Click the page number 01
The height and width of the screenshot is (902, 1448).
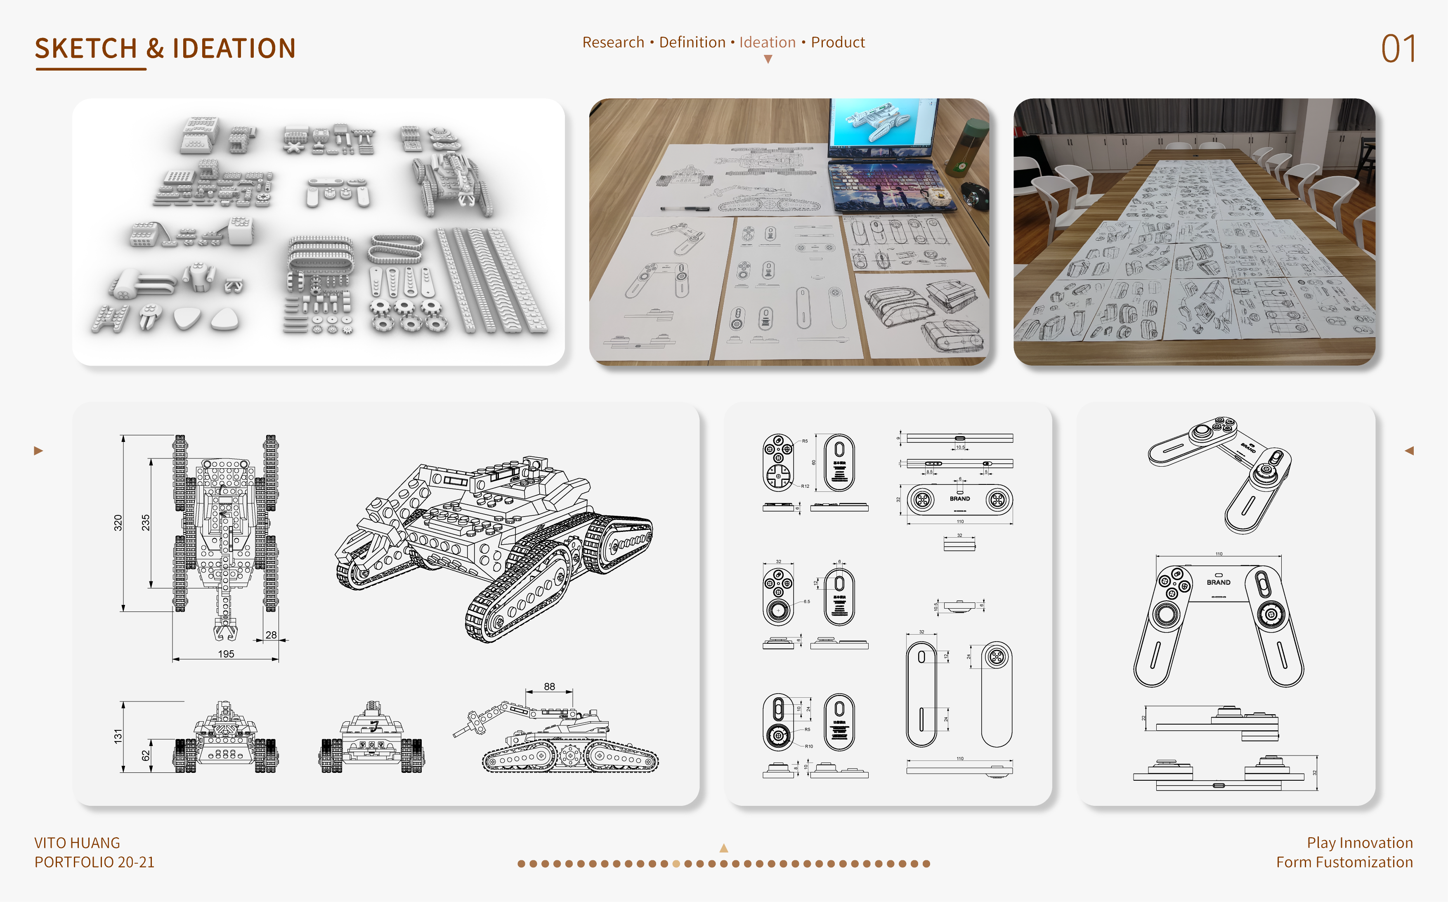[x=1398, y=49]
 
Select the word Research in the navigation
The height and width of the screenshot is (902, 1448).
[x=613, y=43]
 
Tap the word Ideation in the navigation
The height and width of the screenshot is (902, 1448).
[x=767, y=43]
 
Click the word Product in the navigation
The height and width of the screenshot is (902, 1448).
[x=838, y=43]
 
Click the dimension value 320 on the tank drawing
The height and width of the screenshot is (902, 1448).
[x=118, y=522]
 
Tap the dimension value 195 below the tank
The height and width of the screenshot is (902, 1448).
[x=226, y=654]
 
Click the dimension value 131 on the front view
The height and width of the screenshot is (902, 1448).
[x=118, y=736]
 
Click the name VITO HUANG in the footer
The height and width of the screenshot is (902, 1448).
[x=77, y=843]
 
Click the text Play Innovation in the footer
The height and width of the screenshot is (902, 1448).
[x=1360, y=843]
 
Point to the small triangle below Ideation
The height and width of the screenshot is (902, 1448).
[x=768, y=59]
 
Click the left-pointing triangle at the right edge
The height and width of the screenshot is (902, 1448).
[x=1409, y=451]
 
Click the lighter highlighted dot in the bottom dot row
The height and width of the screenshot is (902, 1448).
[x=676, y=863]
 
